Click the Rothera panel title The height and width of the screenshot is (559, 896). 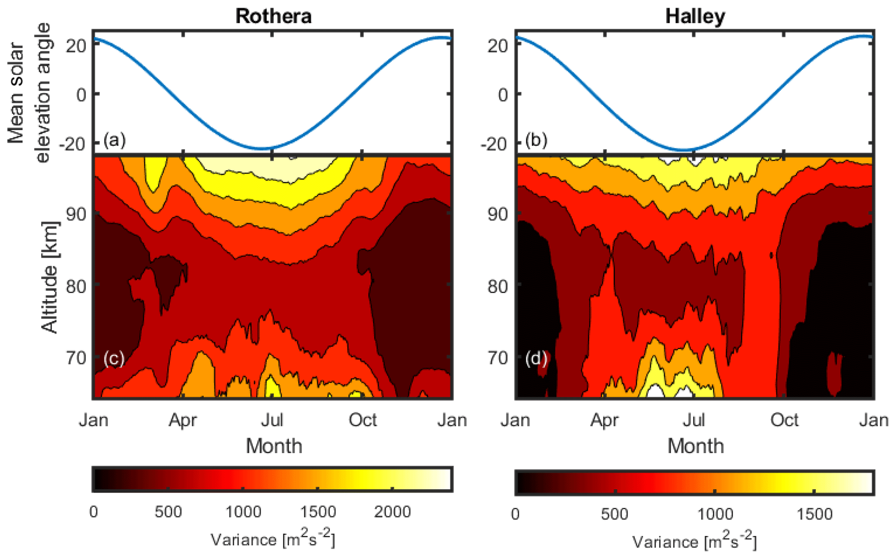point(273,16)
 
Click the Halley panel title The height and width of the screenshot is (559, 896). point(695,16)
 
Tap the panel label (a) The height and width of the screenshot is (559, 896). point(114,140)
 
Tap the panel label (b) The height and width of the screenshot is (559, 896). point(536,140)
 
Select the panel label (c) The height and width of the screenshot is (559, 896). point(114,359)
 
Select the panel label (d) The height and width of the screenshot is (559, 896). point(536,359)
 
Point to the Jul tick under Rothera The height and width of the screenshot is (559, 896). point(272,420)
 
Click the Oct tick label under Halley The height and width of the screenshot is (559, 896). point(784,420)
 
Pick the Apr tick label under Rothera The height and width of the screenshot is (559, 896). point(182,420)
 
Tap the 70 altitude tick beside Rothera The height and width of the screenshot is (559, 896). point(77,358)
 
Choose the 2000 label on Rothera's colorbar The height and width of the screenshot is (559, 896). point(392,512)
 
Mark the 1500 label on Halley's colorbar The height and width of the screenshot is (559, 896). point(815,514)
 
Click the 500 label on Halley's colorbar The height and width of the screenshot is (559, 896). point(615,514)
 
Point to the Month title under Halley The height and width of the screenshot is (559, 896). point(695,446)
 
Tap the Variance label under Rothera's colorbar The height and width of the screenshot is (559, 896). point(273,540)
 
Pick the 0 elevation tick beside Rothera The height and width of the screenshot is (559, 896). point(81,94)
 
